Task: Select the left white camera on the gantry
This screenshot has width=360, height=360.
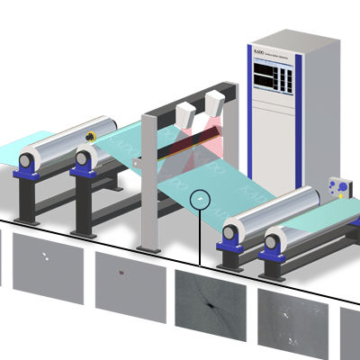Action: [187, 114]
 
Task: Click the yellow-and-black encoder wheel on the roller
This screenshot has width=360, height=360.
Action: [90, 136]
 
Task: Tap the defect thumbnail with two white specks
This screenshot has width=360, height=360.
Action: [48, 262]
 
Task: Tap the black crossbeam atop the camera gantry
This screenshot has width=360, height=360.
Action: [180, 96]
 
